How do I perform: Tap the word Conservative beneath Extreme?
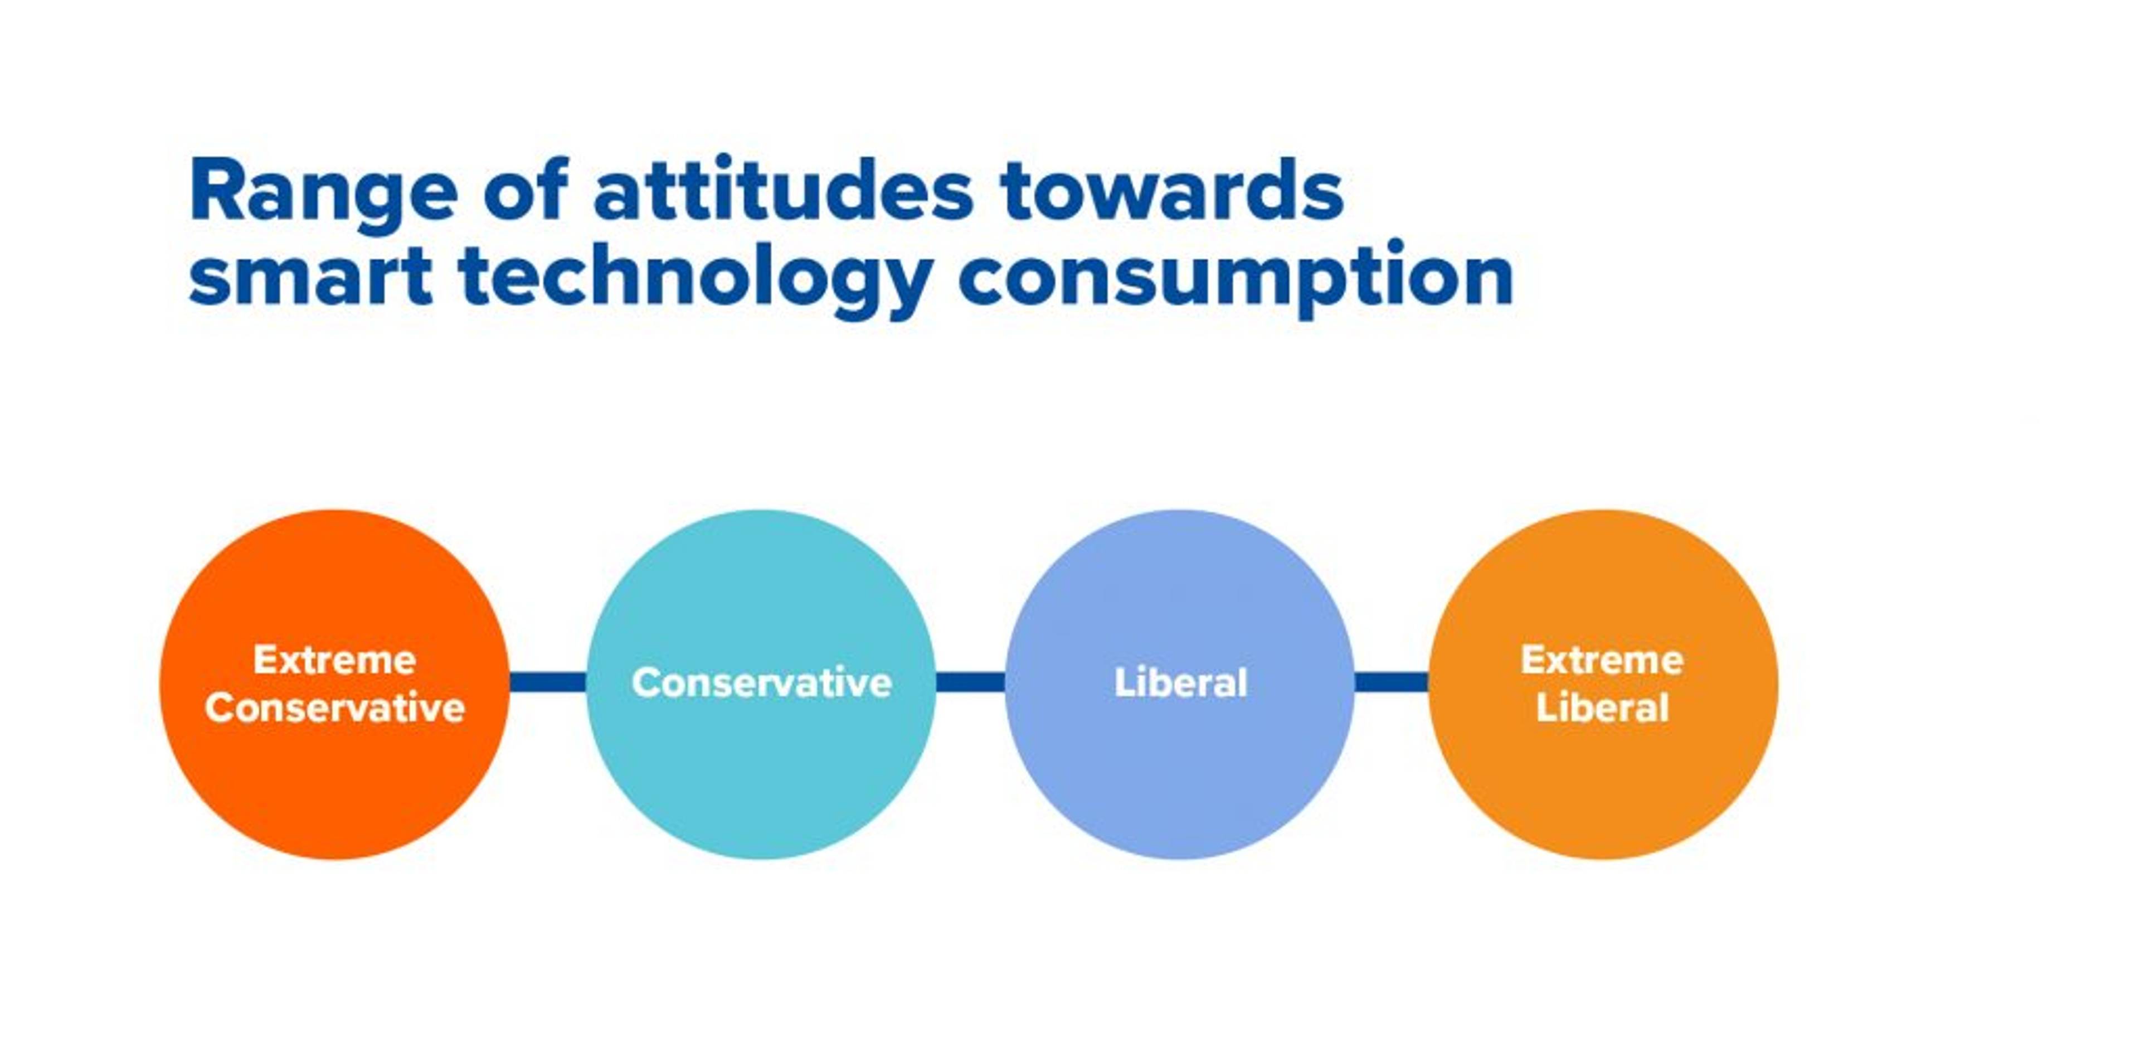[335, 708]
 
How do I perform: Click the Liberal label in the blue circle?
[1180, 683]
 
